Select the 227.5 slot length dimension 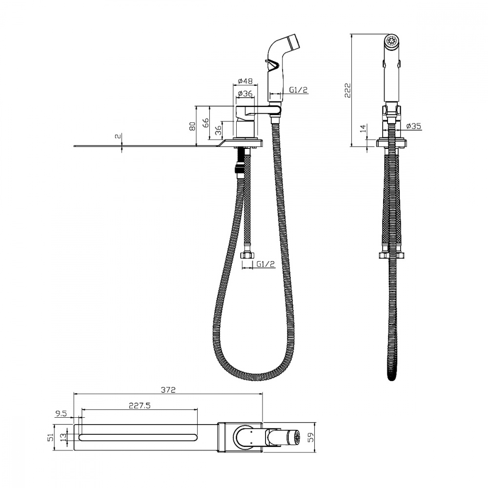pos(140,406)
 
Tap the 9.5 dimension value pos(61,414)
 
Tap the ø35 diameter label pos(414,126)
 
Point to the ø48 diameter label pos(245,81)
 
